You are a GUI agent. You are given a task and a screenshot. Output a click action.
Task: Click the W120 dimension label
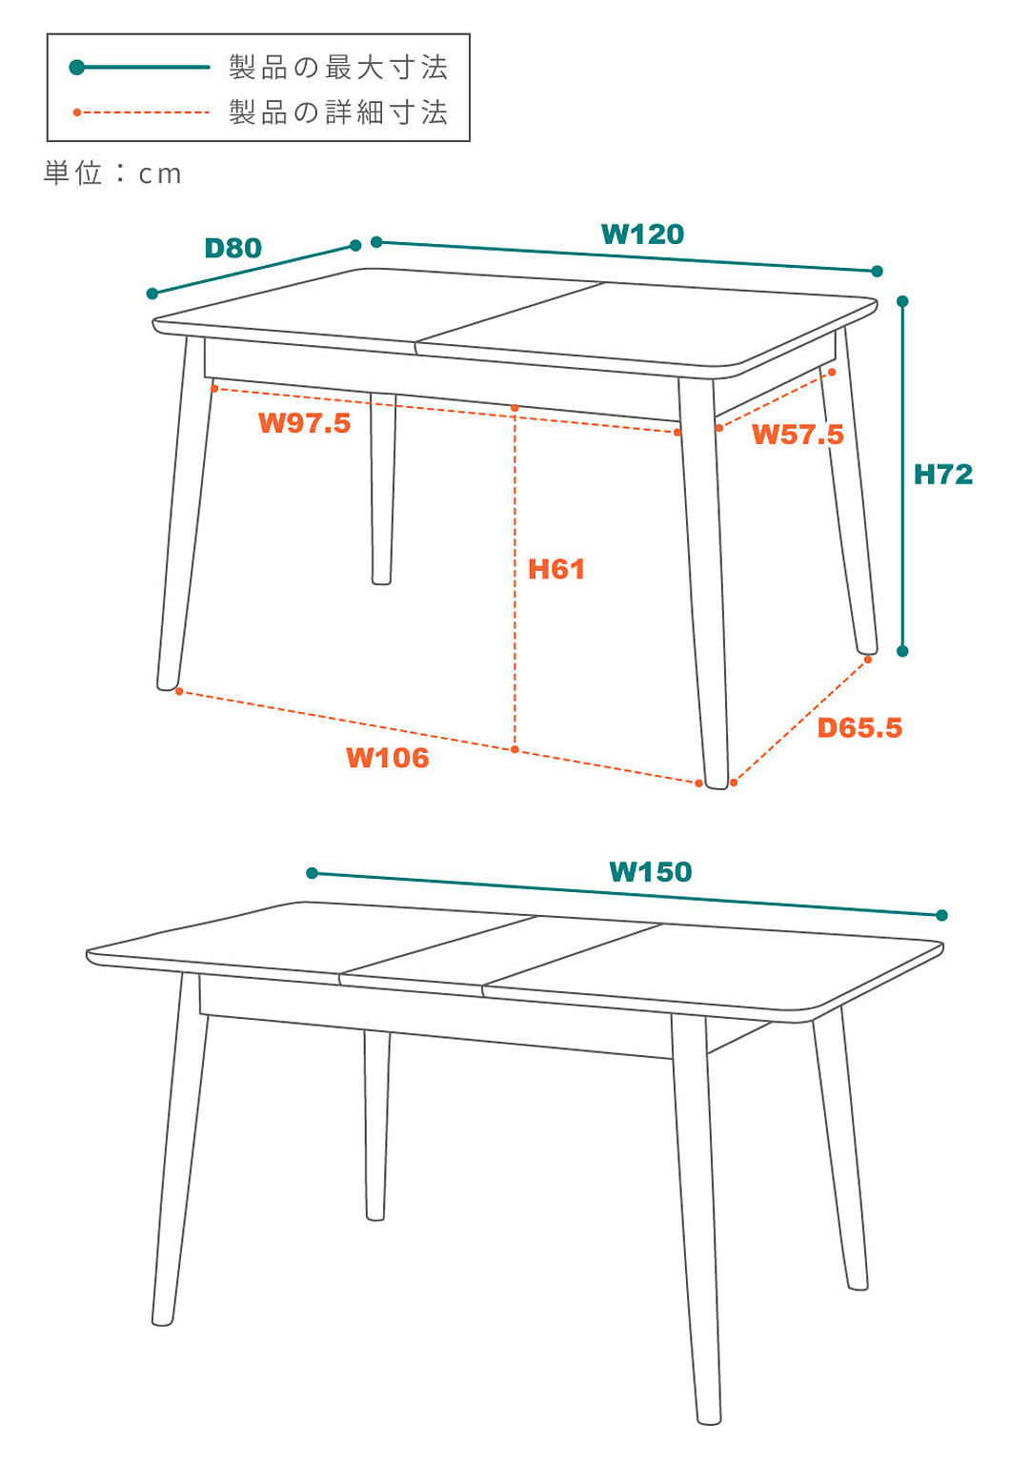642,234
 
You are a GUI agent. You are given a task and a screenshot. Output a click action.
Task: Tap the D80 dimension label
233,248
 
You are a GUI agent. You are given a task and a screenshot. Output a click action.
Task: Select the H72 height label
943,475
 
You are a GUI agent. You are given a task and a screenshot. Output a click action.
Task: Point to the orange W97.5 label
305,423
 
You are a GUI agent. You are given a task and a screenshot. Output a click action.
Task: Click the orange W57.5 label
798,435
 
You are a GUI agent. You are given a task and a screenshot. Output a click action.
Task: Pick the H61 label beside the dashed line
556,569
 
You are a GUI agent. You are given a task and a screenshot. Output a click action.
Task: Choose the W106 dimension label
388,758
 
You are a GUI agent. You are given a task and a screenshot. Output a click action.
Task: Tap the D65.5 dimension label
859,728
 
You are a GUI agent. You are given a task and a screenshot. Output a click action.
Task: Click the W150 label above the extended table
650,872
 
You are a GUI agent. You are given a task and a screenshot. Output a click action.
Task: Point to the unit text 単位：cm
112,173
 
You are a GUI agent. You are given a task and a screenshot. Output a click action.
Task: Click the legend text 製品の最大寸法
338,68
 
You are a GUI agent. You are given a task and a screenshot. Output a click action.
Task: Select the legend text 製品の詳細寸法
338,112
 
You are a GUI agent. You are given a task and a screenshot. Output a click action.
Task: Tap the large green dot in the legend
77,68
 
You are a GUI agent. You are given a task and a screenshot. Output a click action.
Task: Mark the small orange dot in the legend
77,112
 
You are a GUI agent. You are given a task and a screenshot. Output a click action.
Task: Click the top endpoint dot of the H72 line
902,301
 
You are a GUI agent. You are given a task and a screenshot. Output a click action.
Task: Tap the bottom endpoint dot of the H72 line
902,651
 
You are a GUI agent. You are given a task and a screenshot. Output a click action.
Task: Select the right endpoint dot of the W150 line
941,916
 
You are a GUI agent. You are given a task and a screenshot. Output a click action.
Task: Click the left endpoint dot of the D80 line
152,294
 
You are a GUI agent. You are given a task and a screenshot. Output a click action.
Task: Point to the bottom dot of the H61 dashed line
515,749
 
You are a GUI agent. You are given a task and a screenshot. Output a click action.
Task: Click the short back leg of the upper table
382,489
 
